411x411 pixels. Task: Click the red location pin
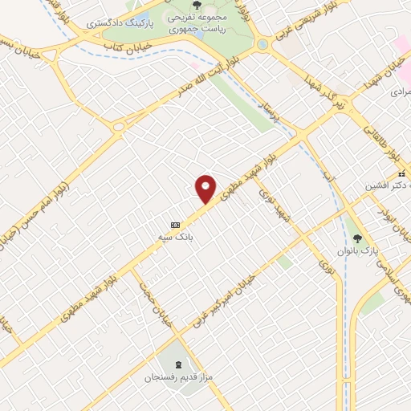pos(206,189)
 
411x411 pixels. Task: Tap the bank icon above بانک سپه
pos(174,225)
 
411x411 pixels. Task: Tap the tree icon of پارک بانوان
pos(358,238)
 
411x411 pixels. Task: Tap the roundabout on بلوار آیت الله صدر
pos(120,126)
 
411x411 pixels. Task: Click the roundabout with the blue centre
pos(262,44)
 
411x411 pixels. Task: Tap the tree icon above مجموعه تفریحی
pos(197,5)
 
